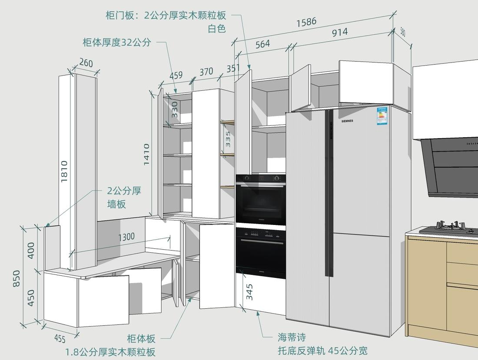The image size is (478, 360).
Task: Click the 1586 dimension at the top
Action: [x=306, y=22]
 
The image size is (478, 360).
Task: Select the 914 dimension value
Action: [x=340, y=32]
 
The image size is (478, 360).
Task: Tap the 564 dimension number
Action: [x=262, y=44]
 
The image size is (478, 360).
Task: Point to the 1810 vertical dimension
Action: [x=64, y=171]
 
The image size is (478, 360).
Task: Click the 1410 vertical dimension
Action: [x=146, y=154]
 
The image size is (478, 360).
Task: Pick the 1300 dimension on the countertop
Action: [x=126, y=237]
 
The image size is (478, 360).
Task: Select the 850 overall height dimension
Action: [x=17, y=278]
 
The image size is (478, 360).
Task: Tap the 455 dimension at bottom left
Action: [x=60, y=338]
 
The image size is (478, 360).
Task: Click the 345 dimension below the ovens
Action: [x=249, y=292]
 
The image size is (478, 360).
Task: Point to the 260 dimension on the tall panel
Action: [x=86, y=63]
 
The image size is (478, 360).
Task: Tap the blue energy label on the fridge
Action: [x=382, y=116]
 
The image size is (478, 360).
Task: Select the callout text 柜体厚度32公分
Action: [x=117, y=42]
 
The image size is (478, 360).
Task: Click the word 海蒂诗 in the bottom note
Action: [x=292, y=337]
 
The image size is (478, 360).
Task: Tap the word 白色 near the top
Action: [x=217, y=29]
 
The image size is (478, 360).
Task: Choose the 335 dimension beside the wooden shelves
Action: [x=228, y=139]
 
